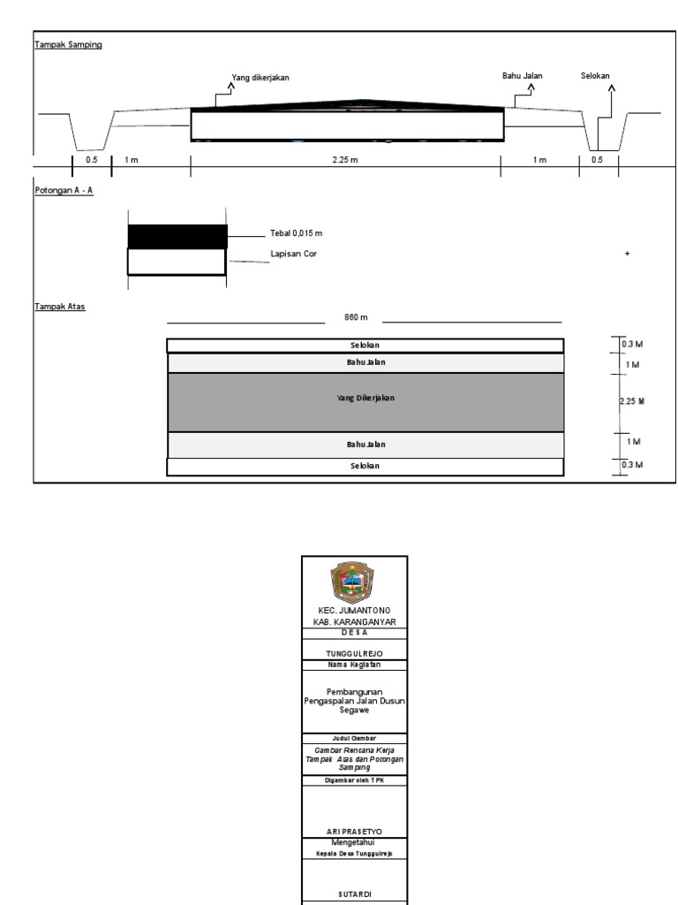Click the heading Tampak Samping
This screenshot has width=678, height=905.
68,44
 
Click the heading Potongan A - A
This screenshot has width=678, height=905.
64,189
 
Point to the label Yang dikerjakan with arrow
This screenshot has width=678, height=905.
260,78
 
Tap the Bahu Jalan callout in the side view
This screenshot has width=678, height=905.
523,76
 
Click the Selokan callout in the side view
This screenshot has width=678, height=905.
596,76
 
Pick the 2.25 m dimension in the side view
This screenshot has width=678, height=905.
345,160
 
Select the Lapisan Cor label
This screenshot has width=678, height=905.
293,254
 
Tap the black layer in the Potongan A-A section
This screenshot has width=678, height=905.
177,236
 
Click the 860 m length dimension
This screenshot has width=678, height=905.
355,316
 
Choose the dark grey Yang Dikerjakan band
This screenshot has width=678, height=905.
365,401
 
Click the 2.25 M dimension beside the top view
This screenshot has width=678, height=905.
632,401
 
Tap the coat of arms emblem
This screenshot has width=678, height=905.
354,581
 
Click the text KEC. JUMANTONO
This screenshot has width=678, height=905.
354,611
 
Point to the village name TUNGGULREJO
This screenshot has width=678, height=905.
354,653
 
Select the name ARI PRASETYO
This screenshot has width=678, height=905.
354,831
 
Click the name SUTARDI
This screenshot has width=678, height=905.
354,894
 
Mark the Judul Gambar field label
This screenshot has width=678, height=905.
354,737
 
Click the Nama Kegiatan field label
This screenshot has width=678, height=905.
354,665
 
